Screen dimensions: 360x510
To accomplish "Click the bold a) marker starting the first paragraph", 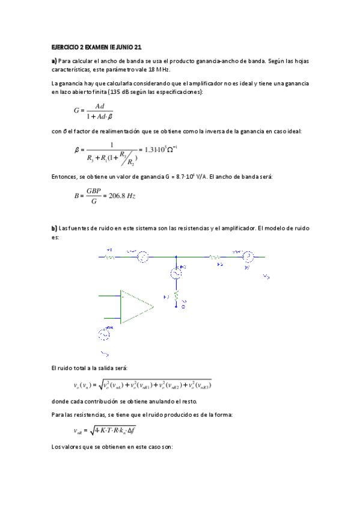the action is pos(53,61).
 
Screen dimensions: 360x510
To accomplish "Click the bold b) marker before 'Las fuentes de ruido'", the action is pos(53,228).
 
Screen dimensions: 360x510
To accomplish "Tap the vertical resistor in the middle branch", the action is pos(176,295).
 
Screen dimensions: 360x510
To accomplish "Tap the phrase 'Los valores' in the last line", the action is pos(67,447).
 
